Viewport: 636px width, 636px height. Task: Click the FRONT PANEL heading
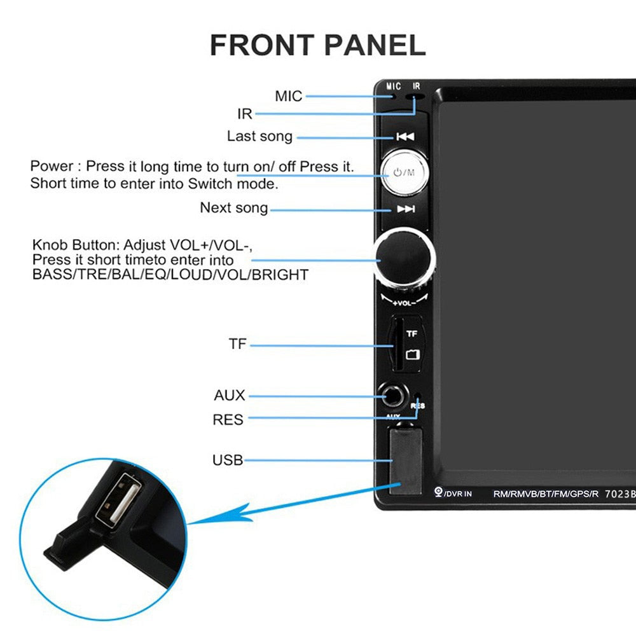pyautogui.click(x=317, y=46)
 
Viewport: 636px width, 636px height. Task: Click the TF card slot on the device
pyautogui.click(x=397, y=345)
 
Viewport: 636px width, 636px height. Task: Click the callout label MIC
pyautogui.click(x=289, y=97)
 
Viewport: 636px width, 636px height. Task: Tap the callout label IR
pyautogui.click(x=245, y=114)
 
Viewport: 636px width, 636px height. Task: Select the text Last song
pyautogui.click(x=259, y=136)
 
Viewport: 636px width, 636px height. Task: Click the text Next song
pyautogui.click(x=234, y=208)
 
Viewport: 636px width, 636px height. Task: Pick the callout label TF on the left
pyautogui.click(x=238, y=345)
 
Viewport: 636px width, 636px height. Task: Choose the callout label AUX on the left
pyautogui.click(x=230, y=396)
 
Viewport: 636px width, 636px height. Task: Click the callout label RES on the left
pyautogui.click(x=228, y=420)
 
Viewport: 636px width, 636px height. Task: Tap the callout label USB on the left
pyautogui.click(x=228, y=460)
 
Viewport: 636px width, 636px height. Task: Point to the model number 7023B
pyautogui.click(x=620, y=493)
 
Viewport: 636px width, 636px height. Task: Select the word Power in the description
pyautogui.click(x=52, y=167)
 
